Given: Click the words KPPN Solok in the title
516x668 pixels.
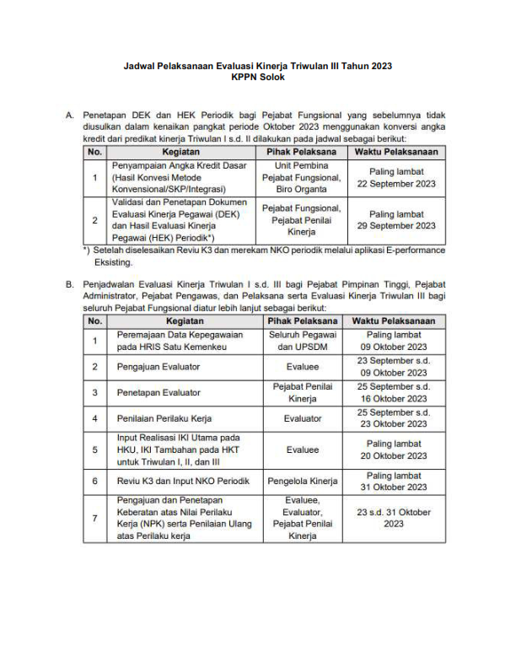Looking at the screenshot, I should (257, 77).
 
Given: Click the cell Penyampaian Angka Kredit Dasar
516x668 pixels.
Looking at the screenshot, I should (181, 166).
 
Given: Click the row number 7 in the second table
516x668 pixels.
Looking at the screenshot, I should (95, 517).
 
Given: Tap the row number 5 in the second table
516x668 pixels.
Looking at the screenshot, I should (95, 450).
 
